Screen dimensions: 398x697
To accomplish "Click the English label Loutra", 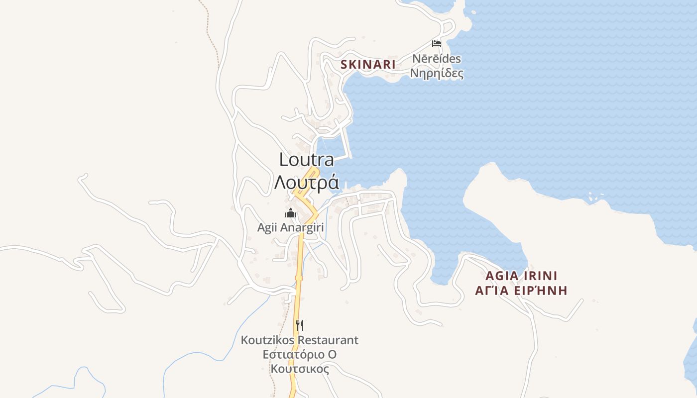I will coord(306,160).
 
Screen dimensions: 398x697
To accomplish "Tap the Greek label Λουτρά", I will coord(306,183).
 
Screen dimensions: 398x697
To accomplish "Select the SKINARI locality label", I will coord(368,64).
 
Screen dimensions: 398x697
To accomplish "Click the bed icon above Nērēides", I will coord(437,44).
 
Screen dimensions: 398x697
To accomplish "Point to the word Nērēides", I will coord(436,59).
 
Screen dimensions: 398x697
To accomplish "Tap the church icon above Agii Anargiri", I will coord(291,213).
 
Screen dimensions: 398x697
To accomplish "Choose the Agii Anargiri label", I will coord(290,227).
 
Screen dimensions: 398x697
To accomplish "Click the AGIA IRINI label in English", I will coord(521,276).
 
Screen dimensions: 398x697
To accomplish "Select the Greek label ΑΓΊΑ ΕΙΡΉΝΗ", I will coord(521,291).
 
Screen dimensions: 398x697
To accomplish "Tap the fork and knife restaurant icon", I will coord(300,325).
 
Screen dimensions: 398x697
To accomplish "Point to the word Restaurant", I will coord(333,340).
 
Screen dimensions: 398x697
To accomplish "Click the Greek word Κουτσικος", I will coord(300,369).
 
